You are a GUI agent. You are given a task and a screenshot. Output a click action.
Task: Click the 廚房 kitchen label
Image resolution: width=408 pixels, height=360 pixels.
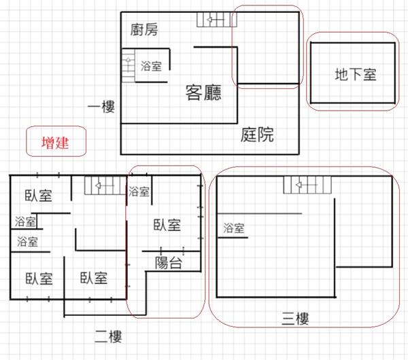tap(143, 30)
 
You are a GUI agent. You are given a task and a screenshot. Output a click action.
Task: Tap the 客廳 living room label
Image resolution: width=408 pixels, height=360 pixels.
tap(203, 93)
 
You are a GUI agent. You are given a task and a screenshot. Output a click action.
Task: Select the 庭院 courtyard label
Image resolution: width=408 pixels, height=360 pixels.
tap(258, 134)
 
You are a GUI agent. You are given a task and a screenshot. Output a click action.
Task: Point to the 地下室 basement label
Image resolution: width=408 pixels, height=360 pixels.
tap(355, 74)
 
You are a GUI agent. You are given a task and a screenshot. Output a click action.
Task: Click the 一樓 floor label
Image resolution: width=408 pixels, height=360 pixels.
tap(101, 107)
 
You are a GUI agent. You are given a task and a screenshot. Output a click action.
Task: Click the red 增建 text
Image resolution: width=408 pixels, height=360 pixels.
tap(55, 143)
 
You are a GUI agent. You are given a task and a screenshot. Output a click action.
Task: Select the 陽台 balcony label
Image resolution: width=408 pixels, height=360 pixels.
tap(168, 263)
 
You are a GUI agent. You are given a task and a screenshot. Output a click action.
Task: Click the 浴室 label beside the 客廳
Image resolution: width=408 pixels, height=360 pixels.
tap(151, 67)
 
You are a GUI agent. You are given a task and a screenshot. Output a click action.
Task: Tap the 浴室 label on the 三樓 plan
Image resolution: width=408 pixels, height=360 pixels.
tap(234, 229)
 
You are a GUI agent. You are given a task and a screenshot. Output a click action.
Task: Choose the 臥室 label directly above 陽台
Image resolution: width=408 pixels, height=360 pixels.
tap(167, 226)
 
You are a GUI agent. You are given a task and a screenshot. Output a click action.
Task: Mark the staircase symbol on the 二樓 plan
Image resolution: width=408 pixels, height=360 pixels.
tap(100, 185)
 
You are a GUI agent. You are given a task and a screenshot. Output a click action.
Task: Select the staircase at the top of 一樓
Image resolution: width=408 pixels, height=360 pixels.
tap(214, 20)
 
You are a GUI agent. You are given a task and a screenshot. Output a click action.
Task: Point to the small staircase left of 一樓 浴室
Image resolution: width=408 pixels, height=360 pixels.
tap(128, 67)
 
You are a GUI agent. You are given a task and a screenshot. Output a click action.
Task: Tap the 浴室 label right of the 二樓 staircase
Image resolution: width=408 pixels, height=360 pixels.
tap(139, 192)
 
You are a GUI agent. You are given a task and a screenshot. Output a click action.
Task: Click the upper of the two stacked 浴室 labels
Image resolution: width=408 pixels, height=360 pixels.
tap(24, 221)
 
